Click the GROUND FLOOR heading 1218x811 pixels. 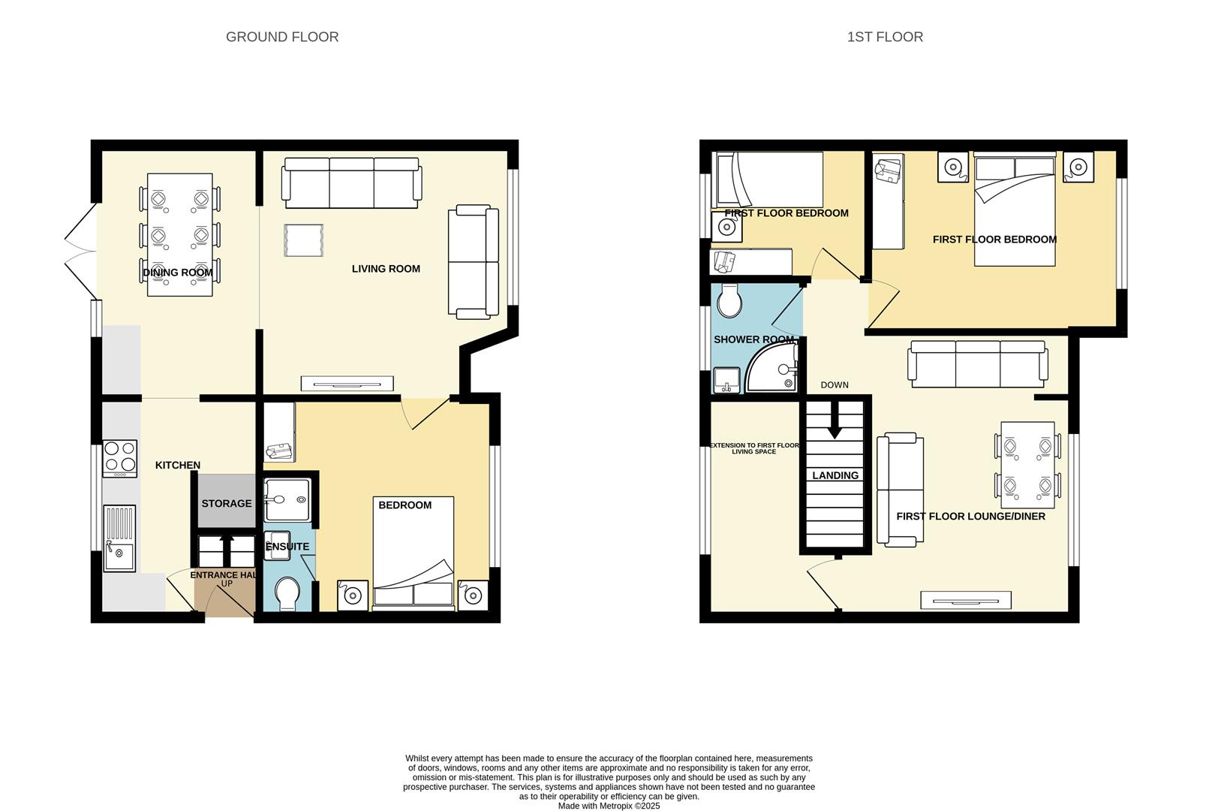point(282,37)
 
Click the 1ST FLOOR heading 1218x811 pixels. point(885,37)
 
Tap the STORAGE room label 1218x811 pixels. point(227,503)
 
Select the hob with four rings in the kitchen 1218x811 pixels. point(120,457)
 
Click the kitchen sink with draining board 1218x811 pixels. point(119,538)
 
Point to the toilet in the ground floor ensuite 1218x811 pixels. point(287,593)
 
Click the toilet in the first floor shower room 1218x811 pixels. point(729,301)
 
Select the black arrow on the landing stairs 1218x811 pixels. point(835,429)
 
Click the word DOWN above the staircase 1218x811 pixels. point(835,385)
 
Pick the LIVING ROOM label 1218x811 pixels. point(386,269)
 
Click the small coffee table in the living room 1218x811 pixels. point(304,240)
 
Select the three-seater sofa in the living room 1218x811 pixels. point(351,183)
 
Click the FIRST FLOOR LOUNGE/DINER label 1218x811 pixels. point(970,517)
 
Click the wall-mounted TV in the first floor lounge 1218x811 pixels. point(965,600)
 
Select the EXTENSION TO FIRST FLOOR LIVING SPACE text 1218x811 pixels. point(754,448)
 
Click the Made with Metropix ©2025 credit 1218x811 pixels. point(609,806)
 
